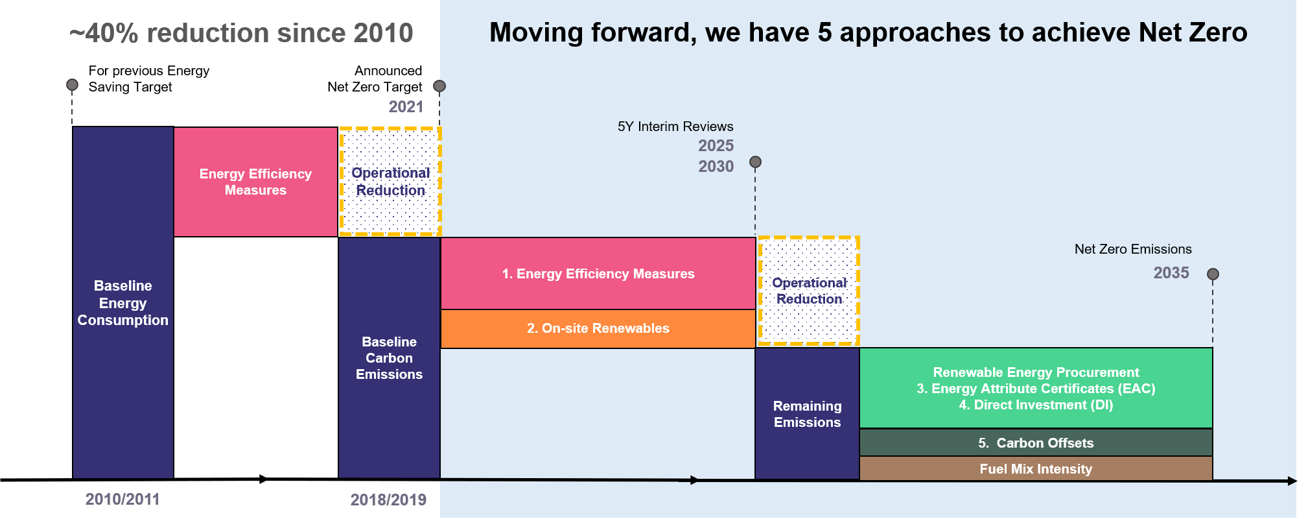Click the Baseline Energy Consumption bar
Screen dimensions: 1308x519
(123, 302)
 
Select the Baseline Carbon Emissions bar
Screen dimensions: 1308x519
(389, 358)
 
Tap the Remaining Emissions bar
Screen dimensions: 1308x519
(807, 414)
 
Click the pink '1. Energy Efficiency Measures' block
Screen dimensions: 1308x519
(598, 274)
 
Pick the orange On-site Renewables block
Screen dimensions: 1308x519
(598, 329)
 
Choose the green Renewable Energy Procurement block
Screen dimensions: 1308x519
(1036, 388)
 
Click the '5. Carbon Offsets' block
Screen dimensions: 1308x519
(1036, 442)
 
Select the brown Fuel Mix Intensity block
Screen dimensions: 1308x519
(1036, 468)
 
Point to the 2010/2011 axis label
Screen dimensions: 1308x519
(123, 499)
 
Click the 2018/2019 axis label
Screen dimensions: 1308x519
(388, 500)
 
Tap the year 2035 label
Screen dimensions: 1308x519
(1171, 273)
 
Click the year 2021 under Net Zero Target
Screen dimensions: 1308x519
(406, 107)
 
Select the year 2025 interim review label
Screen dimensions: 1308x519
(716, 146)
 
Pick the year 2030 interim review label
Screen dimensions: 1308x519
(716, 167)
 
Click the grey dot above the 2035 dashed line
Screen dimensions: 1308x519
(1213, 274)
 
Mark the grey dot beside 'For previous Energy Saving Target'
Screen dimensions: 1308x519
(73, 85)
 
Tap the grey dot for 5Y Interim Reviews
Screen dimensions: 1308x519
(755, 162)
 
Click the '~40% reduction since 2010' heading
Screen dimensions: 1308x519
(241, 33)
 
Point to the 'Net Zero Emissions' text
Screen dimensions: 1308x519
(1133, 249)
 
